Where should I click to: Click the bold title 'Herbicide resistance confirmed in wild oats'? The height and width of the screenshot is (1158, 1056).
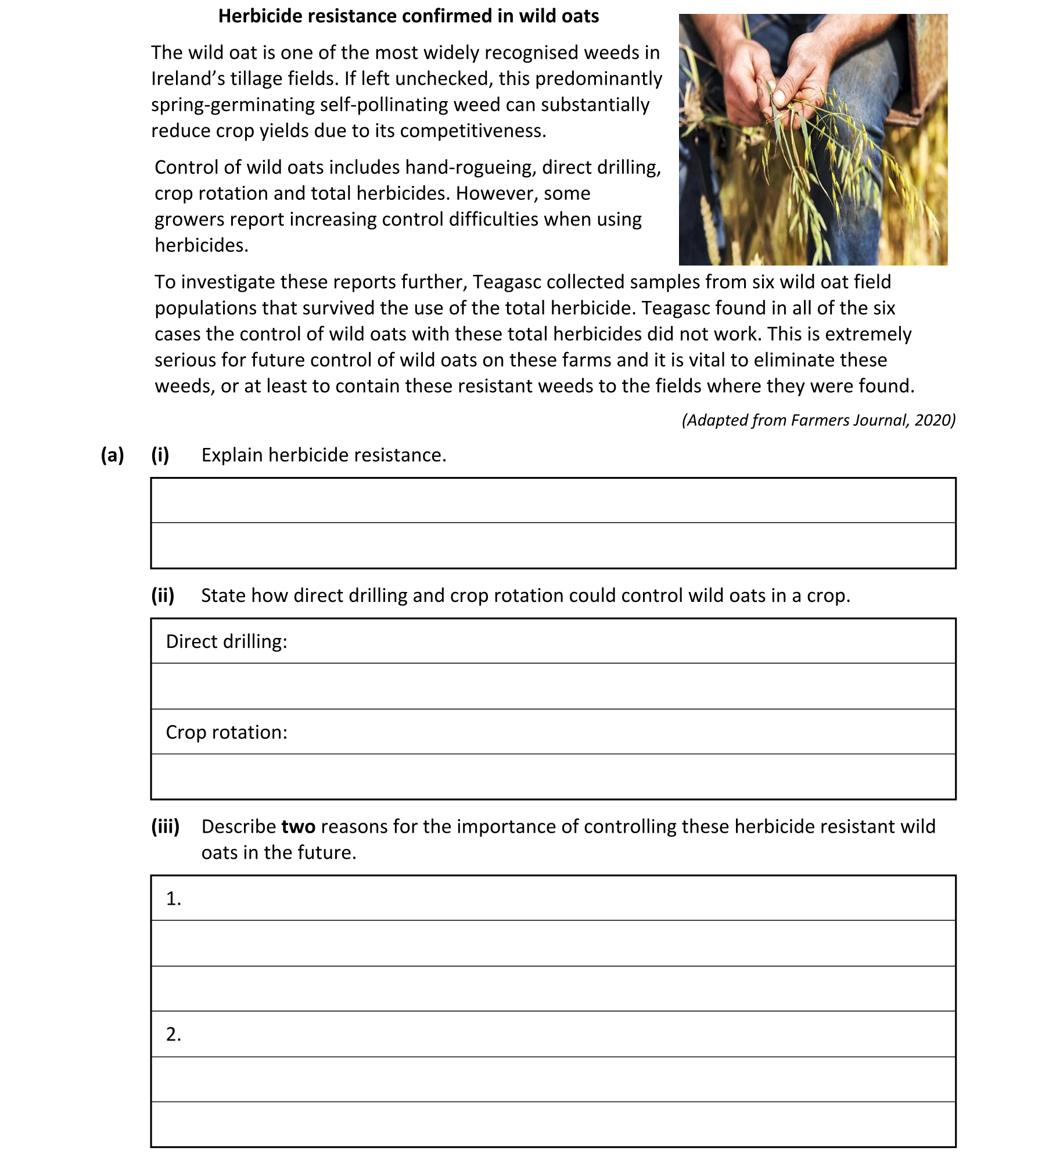(x=408, y=16)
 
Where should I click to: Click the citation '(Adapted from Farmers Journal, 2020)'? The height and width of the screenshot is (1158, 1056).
(x=818, y=420)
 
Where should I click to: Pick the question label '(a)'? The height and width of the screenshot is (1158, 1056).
(x=112, y=455)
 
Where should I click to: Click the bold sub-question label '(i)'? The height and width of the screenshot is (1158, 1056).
(x=160, y=455)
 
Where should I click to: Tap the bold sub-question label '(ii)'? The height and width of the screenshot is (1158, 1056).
(x=163, y=596)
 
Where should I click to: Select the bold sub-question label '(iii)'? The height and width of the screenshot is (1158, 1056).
(x=166, y=826)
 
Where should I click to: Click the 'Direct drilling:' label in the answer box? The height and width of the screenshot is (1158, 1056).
(x=227, y=641)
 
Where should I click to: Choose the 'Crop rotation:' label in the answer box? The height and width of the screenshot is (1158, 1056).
(x=227, y=732)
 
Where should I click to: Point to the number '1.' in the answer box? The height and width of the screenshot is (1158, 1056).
(x=174, y=899)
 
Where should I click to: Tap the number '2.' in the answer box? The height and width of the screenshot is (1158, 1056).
(x=174, y=1034)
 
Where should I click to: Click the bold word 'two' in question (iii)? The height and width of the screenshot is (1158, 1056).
(x=299, y=826)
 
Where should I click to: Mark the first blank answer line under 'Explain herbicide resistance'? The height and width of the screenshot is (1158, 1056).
(x=553, y=501)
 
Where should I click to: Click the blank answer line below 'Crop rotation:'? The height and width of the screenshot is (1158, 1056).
(x=553, y=777)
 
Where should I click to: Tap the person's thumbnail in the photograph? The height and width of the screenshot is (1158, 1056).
(x=780, y=96)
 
